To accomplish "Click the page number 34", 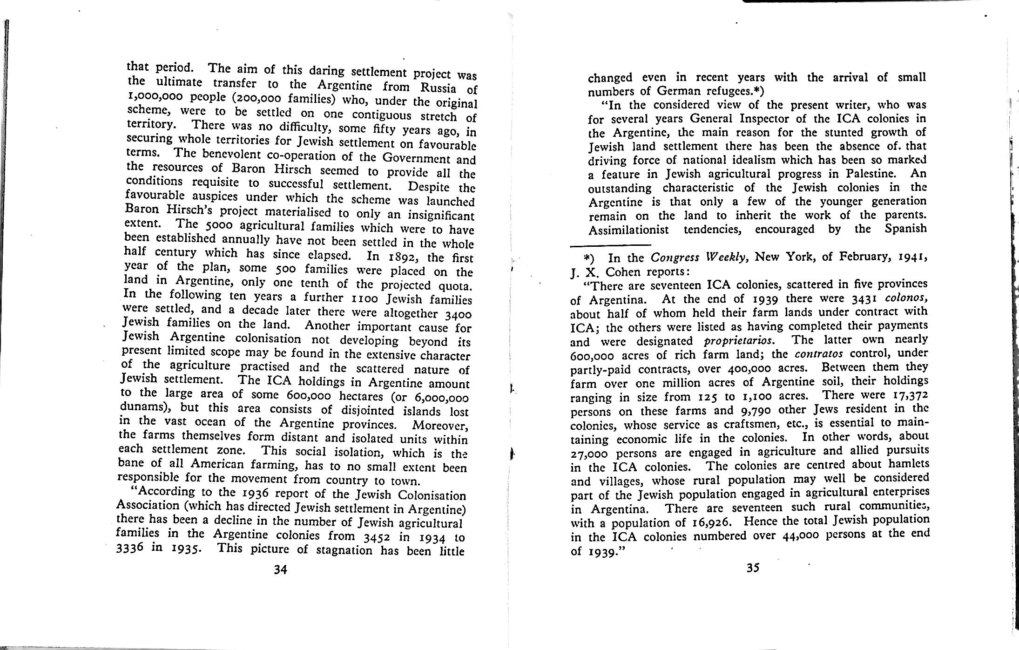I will click(x=280, y=569).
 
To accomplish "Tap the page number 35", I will click(x=753, y=568).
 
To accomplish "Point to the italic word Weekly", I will click(x=726, y=257).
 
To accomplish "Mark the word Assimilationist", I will click(x=628, y=230).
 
